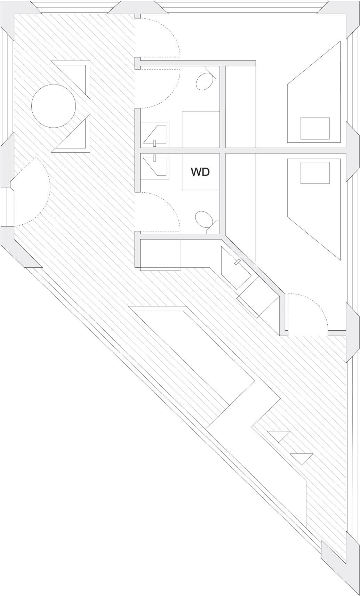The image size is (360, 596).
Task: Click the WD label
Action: click(x=200, y=172)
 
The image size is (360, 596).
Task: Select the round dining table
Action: click(x=53, y=106)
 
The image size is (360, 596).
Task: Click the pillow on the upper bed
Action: click(x=315, y=128)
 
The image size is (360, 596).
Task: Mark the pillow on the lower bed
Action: click(x=315, y=172)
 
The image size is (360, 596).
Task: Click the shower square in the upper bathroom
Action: click(x=201, y=129)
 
